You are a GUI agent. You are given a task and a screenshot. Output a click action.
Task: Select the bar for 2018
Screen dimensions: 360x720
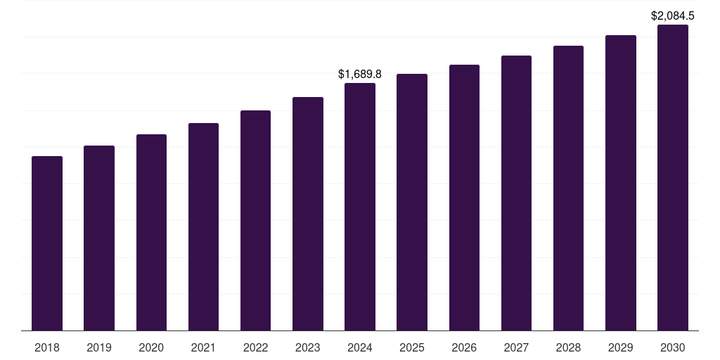(x=47, y=243)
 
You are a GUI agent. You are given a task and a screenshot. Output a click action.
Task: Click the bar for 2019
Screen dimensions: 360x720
(x=99, y=238)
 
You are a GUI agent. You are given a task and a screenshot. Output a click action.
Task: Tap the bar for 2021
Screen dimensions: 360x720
(x=203, y=226)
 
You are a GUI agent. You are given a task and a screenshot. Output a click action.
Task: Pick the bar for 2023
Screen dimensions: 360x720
(x=308, y=214)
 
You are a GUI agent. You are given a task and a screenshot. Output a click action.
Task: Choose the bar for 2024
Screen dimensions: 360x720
(x=360, y=207)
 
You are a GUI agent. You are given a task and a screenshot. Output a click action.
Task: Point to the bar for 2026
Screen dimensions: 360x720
(x=464, y=198)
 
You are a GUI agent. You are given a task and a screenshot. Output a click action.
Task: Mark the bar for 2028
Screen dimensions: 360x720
(x=568, y=188)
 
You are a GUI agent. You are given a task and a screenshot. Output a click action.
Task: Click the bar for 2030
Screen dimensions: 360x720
(x=673, y=177)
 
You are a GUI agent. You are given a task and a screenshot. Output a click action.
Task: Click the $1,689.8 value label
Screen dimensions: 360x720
(x=360, y=74)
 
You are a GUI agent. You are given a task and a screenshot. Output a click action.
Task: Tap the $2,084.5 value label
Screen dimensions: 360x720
(x=673, y=15)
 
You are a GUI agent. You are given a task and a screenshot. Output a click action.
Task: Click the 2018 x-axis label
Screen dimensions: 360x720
(x=47, y=347)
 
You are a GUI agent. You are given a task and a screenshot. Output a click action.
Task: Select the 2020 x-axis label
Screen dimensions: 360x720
(x=151, y=347)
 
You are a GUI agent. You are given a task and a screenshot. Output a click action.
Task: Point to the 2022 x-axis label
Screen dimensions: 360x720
(x=255, y=347)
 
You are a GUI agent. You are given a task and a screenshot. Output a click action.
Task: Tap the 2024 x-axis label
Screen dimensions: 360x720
(x=360, y=347)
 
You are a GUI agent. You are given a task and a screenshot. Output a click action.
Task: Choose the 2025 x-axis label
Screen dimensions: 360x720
(x=412, y=347)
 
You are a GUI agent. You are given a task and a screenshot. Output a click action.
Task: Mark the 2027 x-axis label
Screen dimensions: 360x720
(x=516, y=347)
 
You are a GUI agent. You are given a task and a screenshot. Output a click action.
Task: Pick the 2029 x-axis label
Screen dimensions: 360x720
(x=620, y=347)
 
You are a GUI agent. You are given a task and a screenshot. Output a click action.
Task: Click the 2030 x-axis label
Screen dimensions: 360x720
(x=673, y=347)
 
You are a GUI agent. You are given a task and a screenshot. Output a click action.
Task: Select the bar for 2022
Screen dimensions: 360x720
(x=255, y=220)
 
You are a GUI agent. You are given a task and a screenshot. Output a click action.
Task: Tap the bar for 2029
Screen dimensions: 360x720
(x=620, y=183)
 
